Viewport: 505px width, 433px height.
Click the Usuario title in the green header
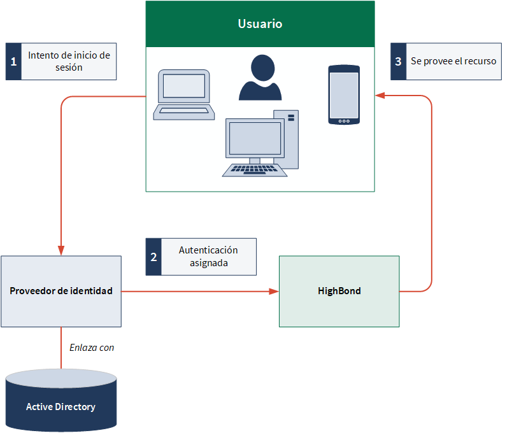tap(260, 24)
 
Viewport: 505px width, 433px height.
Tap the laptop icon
tap(184, 95)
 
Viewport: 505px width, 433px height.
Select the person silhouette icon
tap(260, 77)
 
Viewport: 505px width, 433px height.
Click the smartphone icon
tap(344, 95)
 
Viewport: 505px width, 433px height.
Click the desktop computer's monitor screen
tap(255, 138)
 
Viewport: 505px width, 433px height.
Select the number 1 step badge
tap(13, 62)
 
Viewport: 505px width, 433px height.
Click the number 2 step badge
tap(153, 257)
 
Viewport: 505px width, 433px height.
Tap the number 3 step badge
tap(399, 62)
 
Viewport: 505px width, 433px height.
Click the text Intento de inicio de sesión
tap(69, 61)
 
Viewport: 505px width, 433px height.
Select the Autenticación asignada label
tap(208, 257)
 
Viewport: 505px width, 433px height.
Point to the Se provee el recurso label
tap(453, 61)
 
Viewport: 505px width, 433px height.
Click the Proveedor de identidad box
tap(61, 292)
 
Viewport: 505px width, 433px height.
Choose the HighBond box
tap(339, 292)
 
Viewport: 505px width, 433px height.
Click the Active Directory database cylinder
tap(61, 400)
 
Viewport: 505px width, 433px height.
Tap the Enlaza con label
tap(92, 348)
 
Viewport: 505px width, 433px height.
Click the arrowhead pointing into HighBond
tap(274, 292)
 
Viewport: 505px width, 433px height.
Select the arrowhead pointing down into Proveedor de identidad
tap(61, 250)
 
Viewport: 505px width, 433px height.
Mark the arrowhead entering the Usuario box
tap(380, 96)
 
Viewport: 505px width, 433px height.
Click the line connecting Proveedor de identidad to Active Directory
tap(61, 348)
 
